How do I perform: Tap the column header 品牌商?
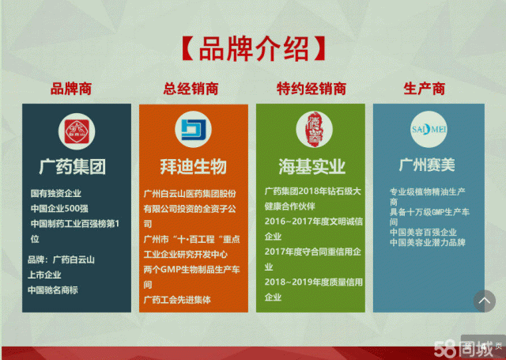[x=72, y=89]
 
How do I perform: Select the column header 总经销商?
[x=192, y=89]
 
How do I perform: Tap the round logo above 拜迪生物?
[x=193, y=130]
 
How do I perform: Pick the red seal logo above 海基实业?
[x=310, y=130]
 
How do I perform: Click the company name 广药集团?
[x=73, y=167]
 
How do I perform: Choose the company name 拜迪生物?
[x=193, y=167]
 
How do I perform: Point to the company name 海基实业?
[x=311, y=168]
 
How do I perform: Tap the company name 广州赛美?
[x=427, y=166]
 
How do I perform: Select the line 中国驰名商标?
[x=53, y=290]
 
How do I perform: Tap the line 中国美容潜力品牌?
[x=428, y=242]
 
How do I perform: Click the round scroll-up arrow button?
[x=484, y=301]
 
